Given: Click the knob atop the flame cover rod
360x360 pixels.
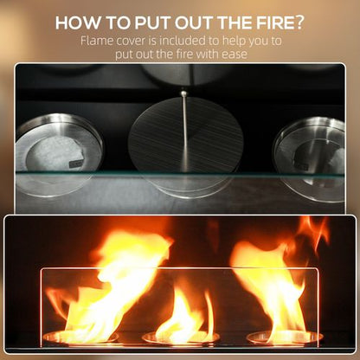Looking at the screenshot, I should [183, 92].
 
